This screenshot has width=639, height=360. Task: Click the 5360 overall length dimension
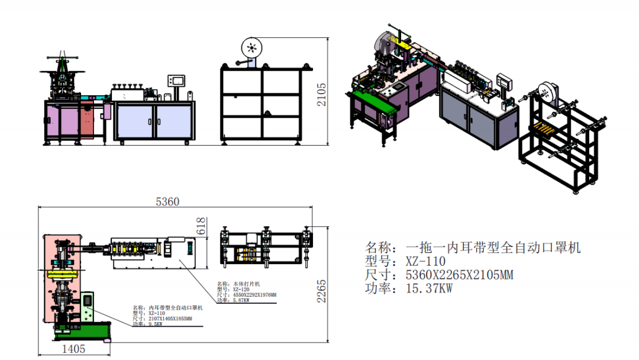[167, 202]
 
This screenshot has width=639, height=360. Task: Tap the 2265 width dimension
[321, 291]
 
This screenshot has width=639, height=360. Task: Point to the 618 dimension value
[201, 226]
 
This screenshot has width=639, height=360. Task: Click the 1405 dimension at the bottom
[73, 349]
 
